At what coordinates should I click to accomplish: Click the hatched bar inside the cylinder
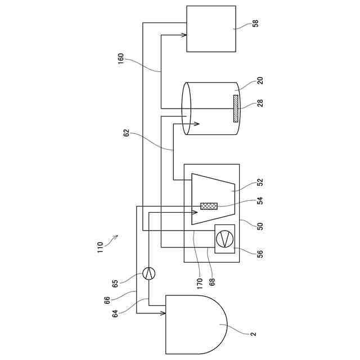point(235,108)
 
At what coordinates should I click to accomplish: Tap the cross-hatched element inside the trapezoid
point(209,206)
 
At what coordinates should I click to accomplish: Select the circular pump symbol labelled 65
point(148,273)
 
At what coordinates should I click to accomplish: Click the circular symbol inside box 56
point(224,238)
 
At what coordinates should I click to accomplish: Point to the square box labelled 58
point(211,29)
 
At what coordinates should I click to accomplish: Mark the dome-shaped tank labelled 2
point(194,323)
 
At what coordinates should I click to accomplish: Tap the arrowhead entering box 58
point(183,35)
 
